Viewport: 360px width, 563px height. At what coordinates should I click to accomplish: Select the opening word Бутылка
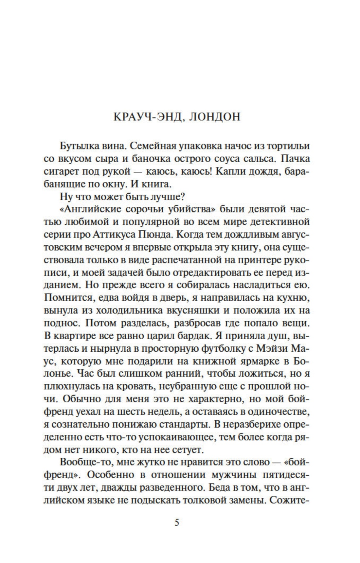pyautogui.click(x=76, y=146)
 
